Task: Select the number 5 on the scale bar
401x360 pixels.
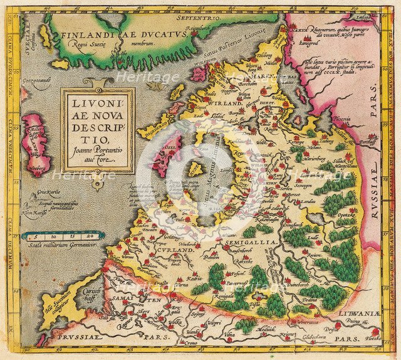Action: point(37,235)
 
